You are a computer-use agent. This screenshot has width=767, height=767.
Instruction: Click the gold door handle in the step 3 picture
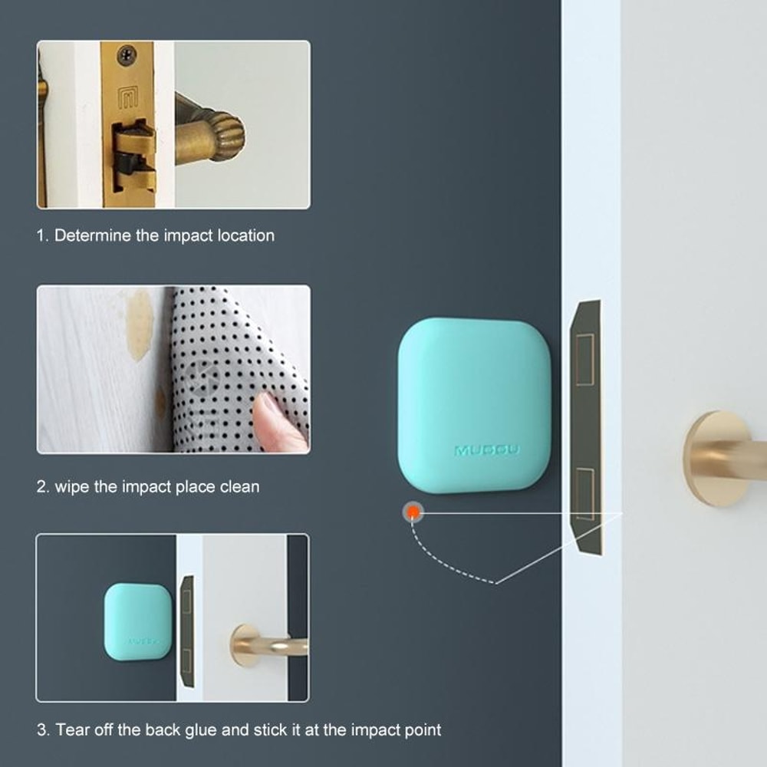265,644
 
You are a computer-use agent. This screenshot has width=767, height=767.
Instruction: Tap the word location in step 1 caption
245,235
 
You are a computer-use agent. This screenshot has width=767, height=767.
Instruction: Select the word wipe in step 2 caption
72,486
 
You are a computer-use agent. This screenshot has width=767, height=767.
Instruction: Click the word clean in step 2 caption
239,486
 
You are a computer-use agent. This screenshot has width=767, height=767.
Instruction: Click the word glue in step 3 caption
199,729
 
